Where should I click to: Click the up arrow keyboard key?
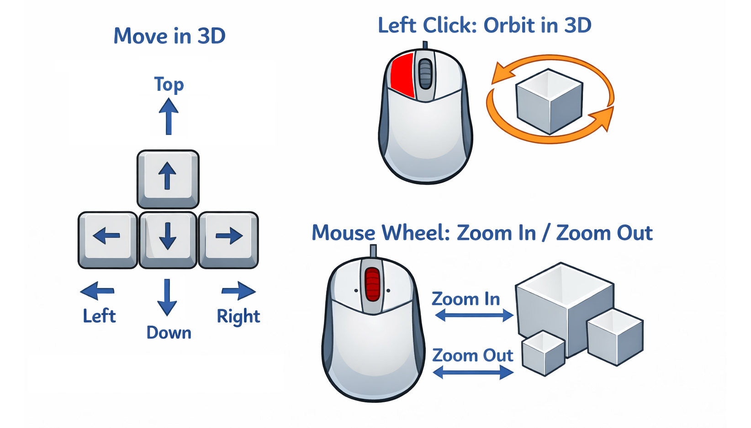[168, 178]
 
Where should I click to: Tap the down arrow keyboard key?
[168, 239]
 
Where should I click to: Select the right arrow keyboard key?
[228, 239]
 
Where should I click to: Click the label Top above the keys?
[169, 85]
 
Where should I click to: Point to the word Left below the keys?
[99, 316]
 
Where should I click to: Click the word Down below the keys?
[169, 333]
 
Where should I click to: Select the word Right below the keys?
[238, 316]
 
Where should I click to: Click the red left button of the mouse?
[402, 75]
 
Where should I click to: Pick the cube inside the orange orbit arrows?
[549, 101]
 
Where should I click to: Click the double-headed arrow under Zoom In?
[474, 315]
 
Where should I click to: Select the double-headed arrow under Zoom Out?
[473, 373]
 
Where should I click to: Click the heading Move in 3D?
[169, 36]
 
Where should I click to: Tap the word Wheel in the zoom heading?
[416, 233]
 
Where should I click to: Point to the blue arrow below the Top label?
[169, 117]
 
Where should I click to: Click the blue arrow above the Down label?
[167, 297]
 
